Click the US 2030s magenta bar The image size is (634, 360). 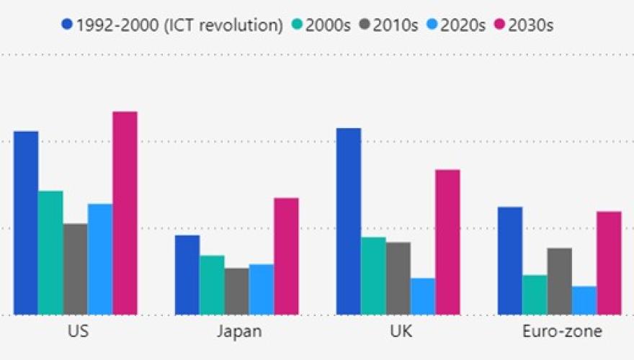click(x=125, y=213)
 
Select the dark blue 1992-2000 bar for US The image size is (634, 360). click(x=26, y=223)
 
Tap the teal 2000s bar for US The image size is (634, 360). click(x=50, y=253)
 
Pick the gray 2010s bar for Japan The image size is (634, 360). click(x=236, y=292)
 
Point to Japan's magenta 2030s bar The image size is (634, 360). click(x=286, y=256)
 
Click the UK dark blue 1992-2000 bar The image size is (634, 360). click(x=349, y=222)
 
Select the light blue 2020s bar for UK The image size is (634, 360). click(x=423, y=297)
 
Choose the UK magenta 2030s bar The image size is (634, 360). click(x=447, y=243)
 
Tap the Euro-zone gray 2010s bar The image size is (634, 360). click(x=559, y=282)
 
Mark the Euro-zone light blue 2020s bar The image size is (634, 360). click(x=584, y=301)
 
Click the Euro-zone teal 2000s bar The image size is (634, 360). click(x=535, y=295)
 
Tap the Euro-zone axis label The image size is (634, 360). click(x=562, y=332)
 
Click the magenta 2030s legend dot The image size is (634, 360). click(x=499, y=24)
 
